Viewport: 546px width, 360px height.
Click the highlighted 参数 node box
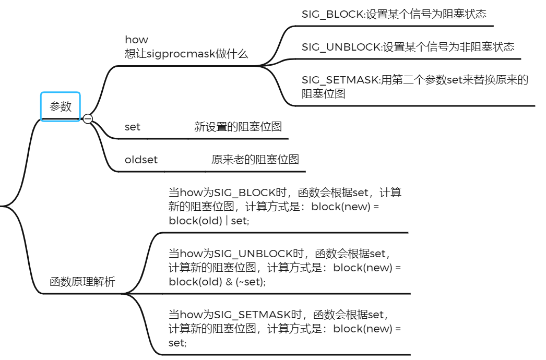(61, 106)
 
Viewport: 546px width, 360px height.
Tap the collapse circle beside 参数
(88, 119)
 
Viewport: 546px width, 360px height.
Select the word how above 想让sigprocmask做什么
(136, 40)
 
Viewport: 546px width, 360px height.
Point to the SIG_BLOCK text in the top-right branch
(332, 14)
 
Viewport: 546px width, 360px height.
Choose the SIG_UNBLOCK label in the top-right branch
(341, 47)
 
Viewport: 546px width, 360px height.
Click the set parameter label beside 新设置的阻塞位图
(133, 127)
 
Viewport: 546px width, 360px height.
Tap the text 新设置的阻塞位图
(238, 127)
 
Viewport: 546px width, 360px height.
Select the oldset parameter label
(141, 160)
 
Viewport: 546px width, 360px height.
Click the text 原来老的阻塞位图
(255, 160)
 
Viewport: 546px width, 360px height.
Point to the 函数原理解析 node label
(82, 282)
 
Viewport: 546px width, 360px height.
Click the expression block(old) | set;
(209, 221)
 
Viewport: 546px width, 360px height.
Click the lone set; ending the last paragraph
(177, 343)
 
